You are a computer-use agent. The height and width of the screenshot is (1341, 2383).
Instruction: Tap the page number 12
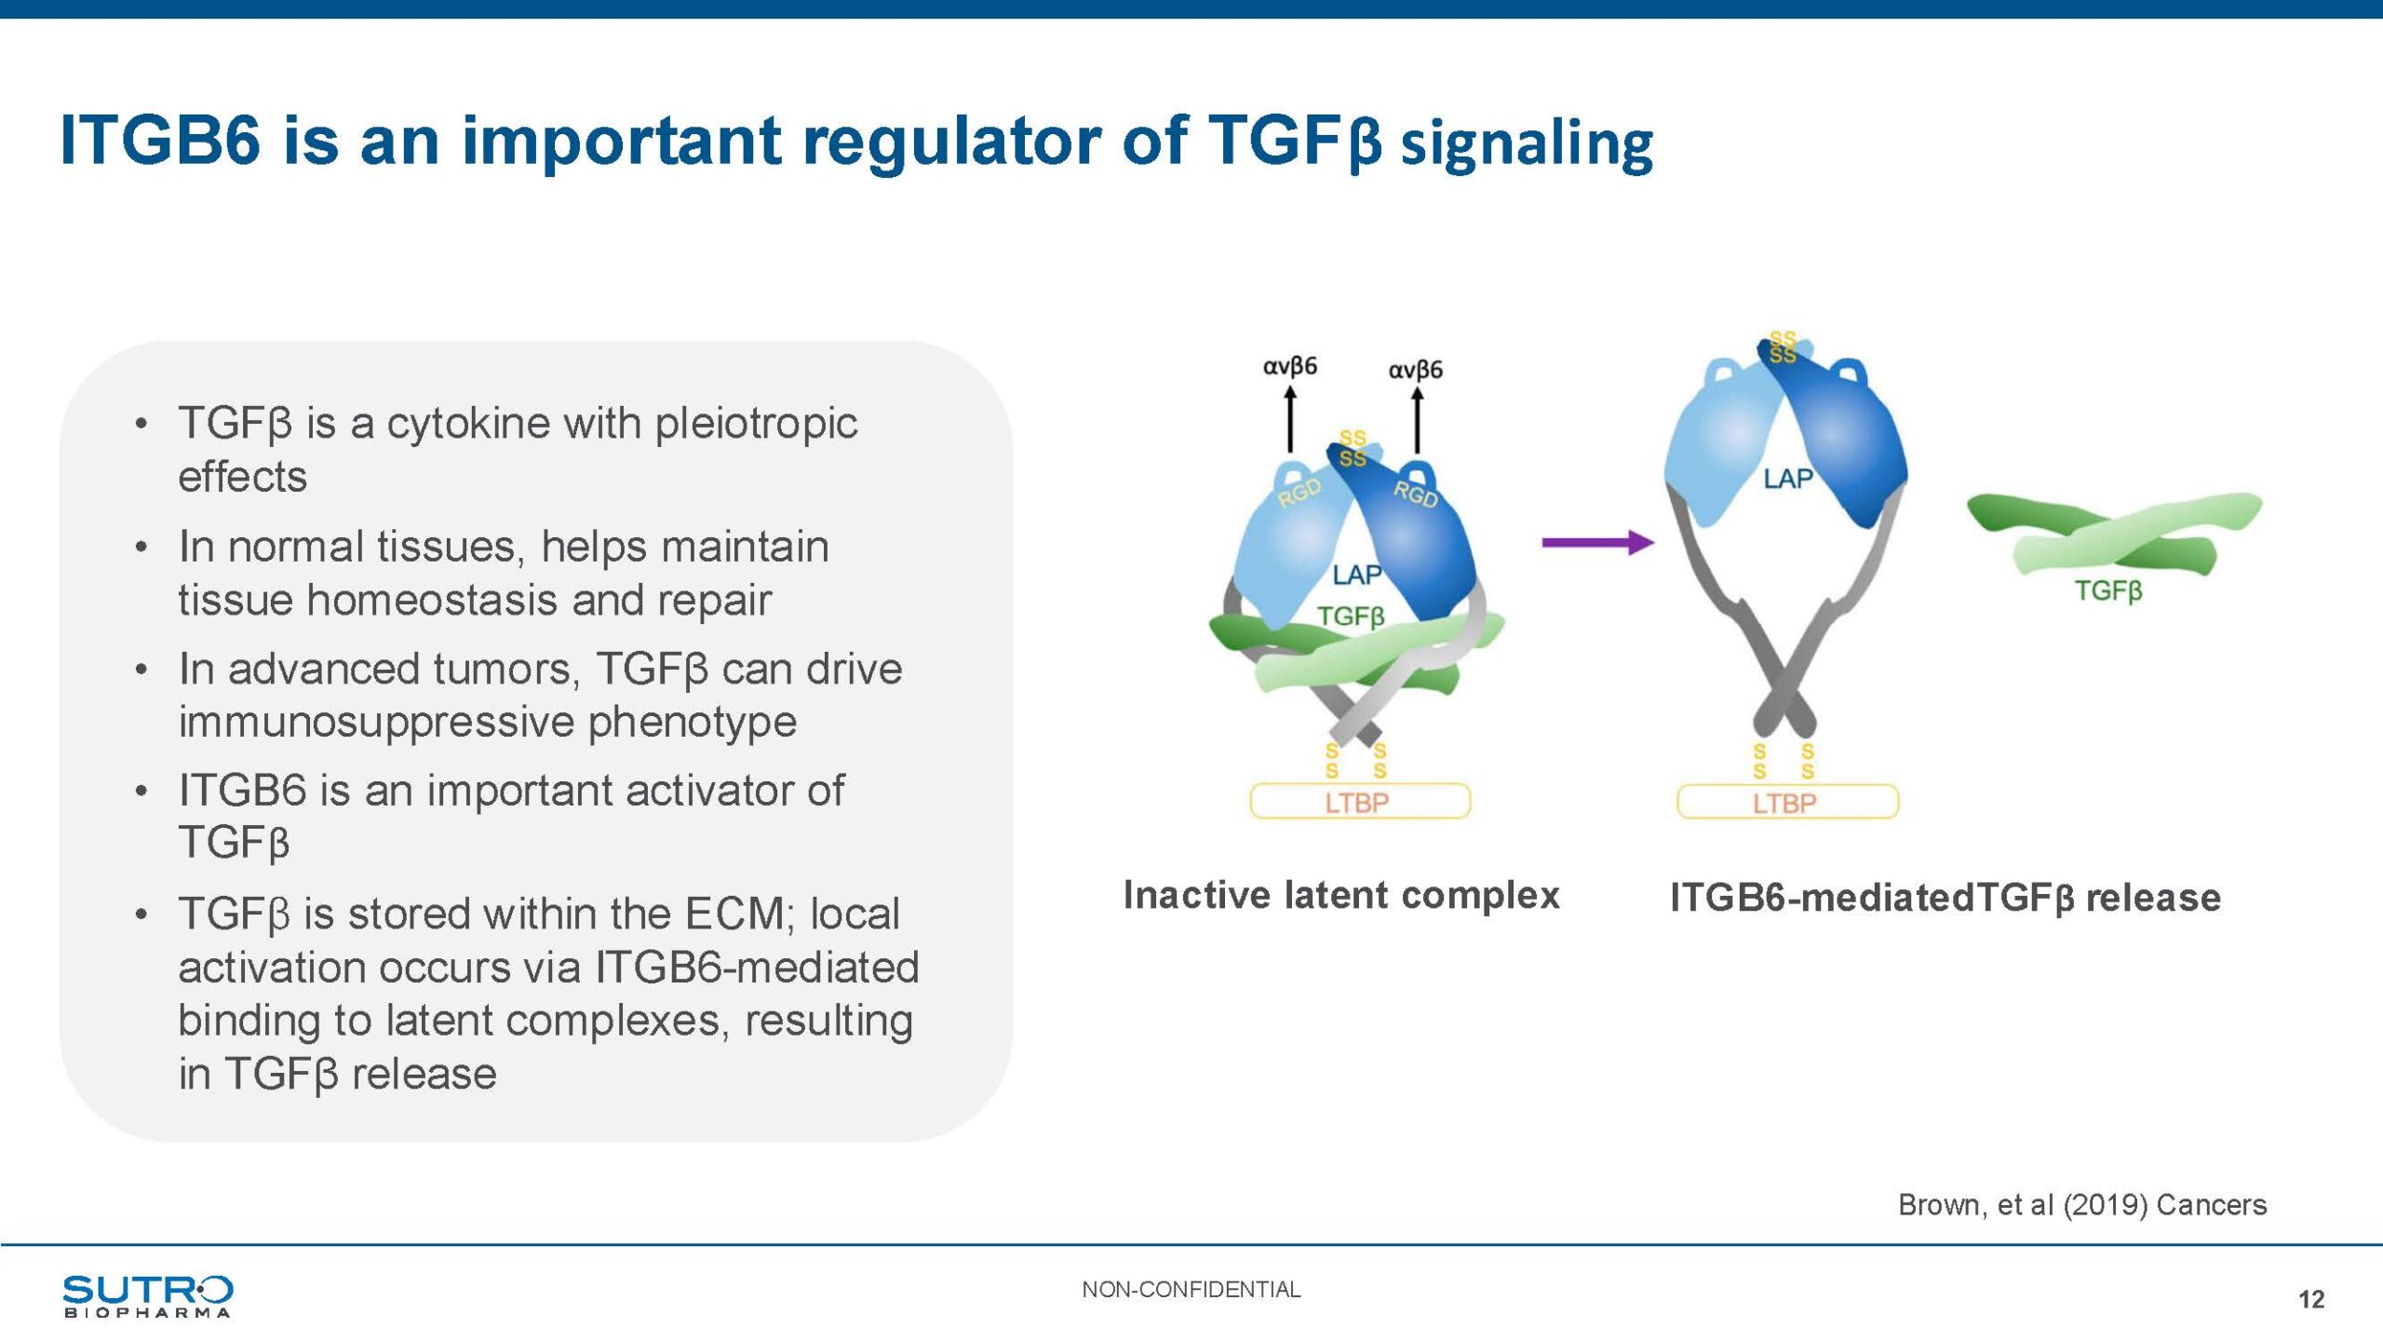(x=2311, y=1299)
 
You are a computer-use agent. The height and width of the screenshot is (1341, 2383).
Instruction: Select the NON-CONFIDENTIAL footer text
(x=1191, y=1290)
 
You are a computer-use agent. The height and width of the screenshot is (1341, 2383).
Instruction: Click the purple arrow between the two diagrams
(x=1597, y=542)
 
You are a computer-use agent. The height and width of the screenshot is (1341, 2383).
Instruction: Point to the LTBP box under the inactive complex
(x=1360, y=801)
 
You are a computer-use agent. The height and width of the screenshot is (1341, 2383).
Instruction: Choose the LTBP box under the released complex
(x=1787, y=802)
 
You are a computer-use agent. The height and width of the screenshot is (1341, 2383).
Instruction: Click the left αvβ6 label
(x=1289, y=366)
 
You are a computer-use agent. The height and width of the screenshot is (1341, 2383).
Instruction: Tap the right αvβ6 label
(x=1415, y=370)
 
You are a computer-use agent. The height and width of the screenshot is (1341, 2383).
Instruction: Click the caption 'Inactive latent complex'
(x=1341, y=895)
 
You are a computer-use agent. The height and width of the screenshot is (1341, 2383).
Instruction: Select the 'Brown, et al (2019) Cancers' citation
(x=2082, y=1205)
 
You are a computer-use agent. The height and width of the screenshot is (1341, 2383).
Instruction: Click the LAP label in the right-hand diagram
(x=1788, y=479)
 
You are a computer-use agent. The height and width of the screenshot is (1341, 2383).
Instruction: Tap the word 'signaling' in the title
(x=1527, y=145)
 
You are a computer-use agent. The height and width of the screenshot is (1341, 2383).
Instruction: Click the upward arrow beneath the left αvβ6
(x=1290, y=419)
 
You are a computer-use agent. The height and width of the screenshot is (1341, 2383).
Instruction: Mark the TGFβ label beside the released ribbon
(x=2108, y=590)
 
